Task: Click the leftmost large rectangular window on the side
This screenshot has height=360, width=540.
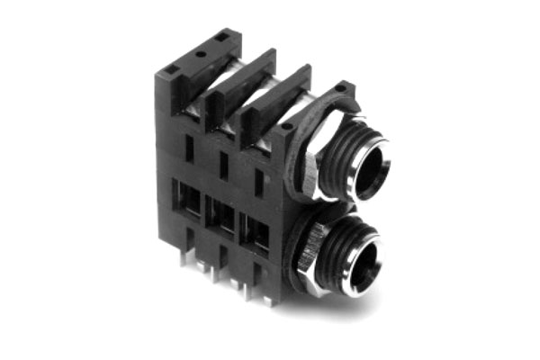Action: tap(190, 201)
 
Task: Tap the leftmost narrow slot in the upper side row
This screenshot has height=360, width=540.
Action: tap(189, 148)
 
